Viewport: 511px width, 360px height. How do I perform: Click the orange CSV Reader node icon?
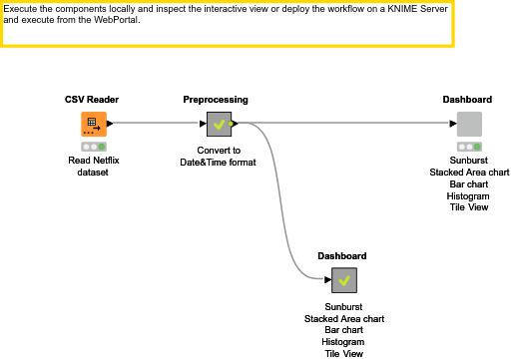[x=93, y=124]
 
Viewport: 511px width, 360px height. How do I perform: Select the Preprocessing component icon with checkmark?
[x=219, y=125]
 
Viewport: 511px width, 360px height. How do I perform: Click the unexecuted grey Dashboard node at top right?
[x=469, y=125]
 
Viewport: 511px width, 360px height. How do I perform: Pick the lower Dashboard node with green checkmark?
[x=343, y=281]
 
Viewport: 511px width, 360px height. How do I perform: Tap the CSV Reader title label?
[x=93, y=100]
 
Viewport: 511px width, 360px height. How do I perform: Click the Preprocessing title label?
[x=216, y=100]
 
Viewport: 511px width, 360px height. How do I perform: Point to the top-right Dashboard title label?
[x=467, y=100]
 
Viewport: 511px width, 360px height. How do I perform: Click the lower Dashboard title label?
[x=342, y=256]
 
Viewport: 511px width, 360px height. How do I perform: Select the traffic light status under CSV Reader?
[x=94, y=147]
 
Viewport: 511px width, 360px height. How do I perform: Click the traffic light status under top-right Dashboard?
[x=469, y=147]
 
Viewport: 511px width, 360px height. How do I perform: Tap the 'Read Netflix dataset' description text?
[x=94, y=166]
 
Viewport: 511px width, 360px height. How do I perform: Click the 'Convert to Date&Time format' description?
[x=218, y=156]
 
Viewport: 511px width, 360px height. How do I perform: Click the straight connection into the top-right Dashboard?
[x=349, y=125]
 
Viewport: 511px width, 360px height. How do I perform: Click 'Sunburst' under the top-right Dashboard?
[x=468, y=160]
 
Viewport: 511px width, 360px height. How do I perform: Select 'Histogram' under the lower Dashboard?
[x=343, y=341]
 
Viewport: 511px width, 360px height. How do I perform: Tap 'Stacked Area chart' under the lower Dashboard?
[x=343, y=318]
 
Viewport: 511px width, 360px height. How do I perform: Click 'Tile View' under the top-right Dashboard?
[x=468, y=207]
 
